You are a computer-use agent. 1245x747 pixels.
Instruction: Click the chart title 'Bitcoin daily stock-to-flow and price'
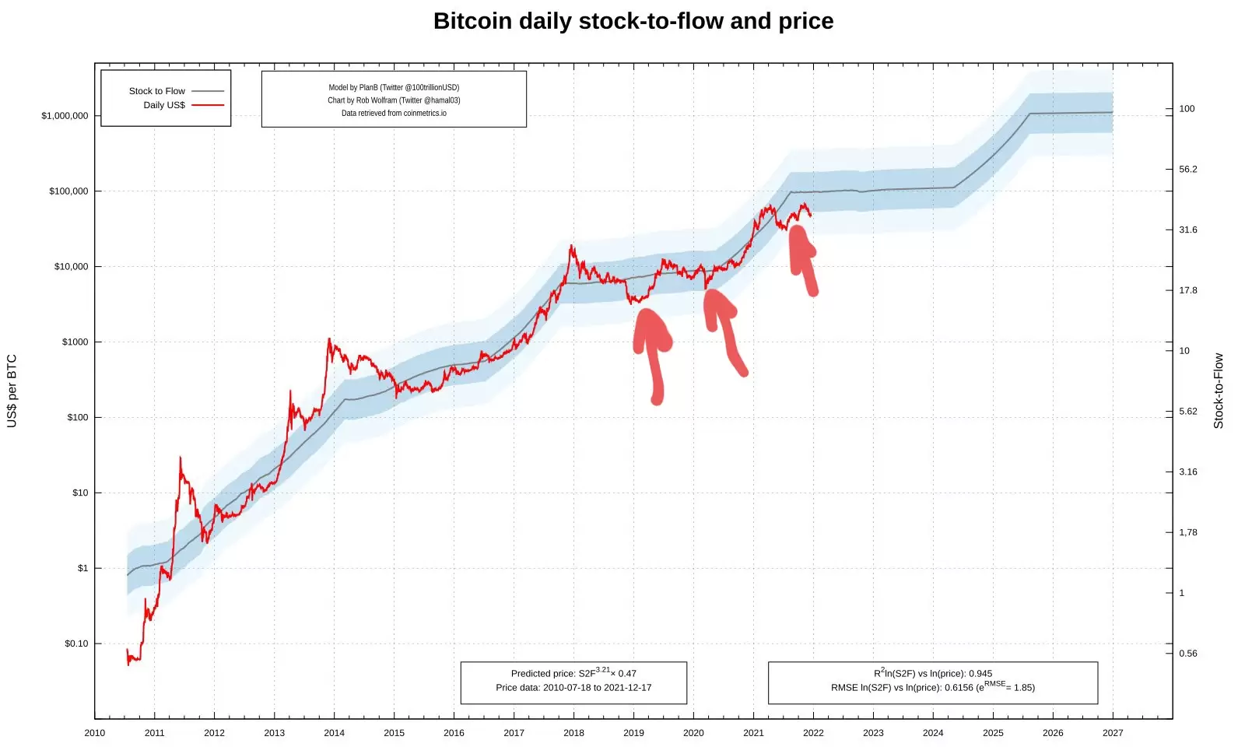[x=633, y=21]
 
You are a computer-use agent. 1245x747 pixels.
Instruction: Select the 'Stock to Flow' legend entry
[x=157, y=91]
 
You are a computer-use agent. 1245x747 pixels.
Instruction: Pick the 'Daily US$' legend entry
[x=164, y=105]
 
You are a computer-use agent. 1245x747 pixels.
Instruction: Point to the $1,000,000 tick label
[x=65, y=116]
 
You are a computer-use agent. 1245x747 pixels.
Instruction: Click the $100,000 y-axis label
[x=68, y=191]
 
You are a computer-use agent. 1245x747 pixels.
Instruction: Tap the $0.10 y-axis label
[x=76, y=644]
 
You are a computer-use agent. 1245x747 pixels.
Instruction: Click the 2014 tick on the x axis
[x=334, y=733]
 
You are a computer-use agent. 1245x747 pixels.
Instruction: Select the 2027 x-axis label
[x=1113, y=733]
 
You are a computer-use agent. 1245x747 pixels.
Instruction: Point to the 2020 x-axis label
[x=693, y=733]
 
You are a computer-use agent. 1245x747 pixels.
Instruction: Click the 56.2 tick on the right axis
[x=1187, y=169]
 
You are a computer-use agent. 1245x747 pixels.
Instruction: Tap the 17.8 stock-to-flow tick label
[x=1187, y=290]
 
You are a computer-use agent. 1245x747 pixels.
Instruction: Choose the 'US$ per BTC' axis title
[x=12, y=391]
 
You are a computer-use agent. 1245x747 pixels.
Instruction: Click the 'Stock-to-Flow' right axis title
[x=1219, y=391]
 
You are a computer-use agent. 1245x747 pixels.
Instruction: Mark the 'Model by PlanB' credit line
[x=394, y=88]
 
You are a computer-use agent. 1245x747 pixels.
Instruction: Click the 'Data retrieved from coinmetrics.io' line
[x=394, y=113]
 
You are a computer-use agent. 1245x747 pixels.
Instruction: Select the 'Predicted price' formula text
[x=573, y=673]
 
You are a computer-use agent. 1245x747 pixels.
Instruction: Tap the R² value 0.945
[x=980, y=674]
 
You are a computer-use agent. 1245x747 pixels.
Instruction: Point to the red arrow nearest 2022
[x=802, y=257]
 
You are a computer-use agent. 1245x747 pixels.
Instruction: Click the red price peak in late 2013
[x=329, y=340]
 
